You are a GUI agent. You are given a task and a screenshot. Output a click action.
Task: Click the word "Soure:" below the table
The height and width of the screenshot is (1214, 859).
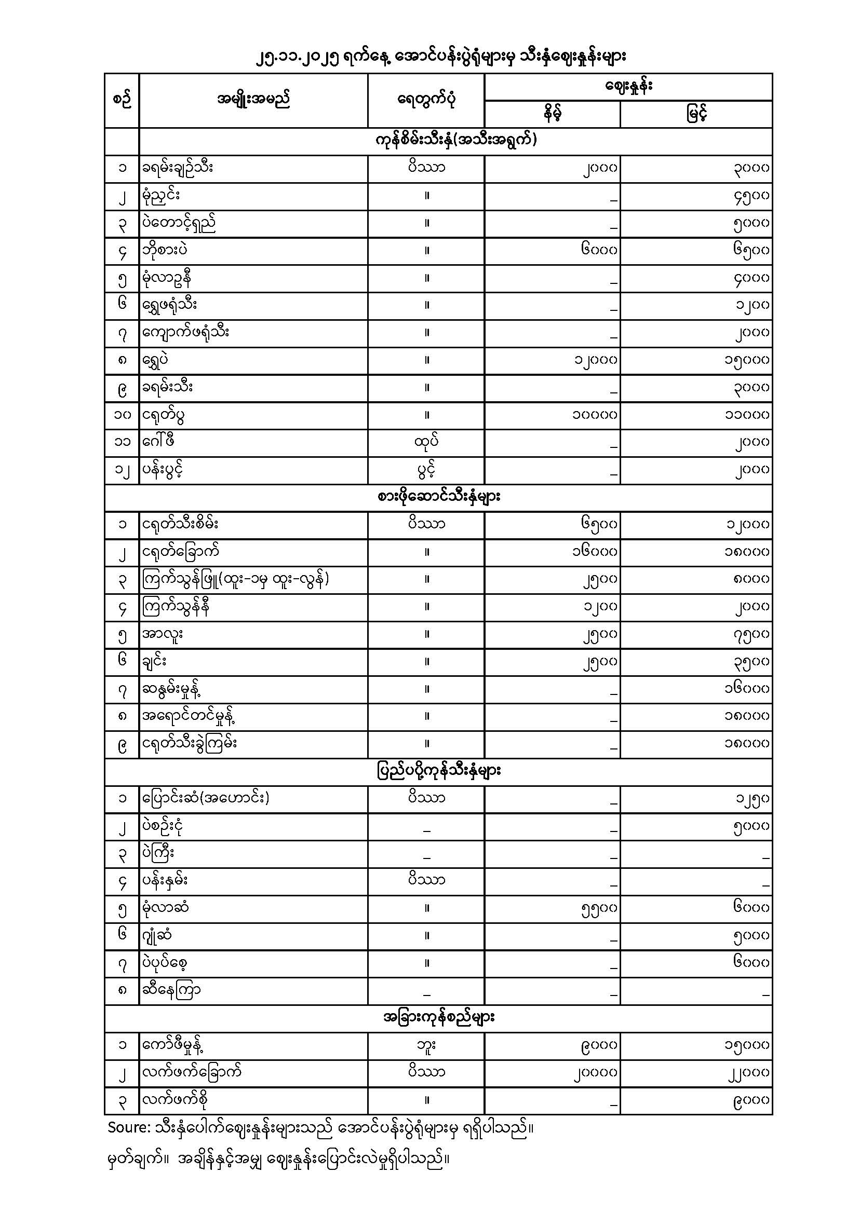coord(128,1128)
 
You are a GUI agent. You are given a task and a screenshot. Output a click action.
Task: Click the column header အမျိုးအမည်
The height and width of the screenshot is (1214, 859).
coord(253,99)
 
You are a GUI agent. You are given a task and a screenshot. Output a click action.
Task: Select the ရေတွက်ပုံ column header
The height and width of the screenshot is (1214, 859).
coord(426,99)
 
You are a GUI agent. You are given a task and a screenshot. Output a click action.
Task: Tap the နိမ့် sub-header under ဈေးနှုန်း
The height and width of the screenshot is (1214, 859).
coord(552,114)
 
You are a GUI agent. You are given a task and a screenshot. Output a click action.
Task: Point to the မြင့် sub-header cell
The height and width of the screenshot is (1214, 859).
coord(696,114)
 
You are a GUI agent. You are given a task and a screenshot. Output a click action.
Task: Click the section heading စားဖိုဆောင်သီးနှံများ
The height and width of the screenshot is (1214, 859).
coord(439,497)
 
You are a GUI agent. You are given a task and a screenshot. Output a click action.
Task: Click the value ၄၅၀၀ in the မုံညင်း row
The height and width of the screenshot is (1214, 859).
coord(751,196)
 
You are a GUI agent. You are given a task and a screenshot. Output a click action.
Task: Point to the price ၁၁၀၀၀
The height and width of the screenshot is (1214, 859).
coord(747,415)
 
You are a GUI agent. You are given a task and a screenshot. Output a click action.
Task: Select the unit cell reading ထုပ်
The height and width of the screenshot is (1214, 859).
coord(426,442)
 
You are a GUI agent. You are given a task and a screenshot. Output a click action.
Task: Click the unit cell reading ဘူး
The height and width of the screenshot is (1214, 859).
coord(426,1045)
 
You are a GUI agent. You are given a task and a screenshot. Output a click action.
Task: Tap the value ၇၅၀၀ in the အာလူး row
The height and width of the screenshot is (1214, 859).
coord(751,634)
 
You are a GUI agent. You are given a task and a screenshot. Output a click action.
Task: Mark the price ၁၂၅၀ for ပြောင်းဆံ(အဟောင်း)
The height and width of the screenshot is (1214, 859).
coord(752,798)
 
